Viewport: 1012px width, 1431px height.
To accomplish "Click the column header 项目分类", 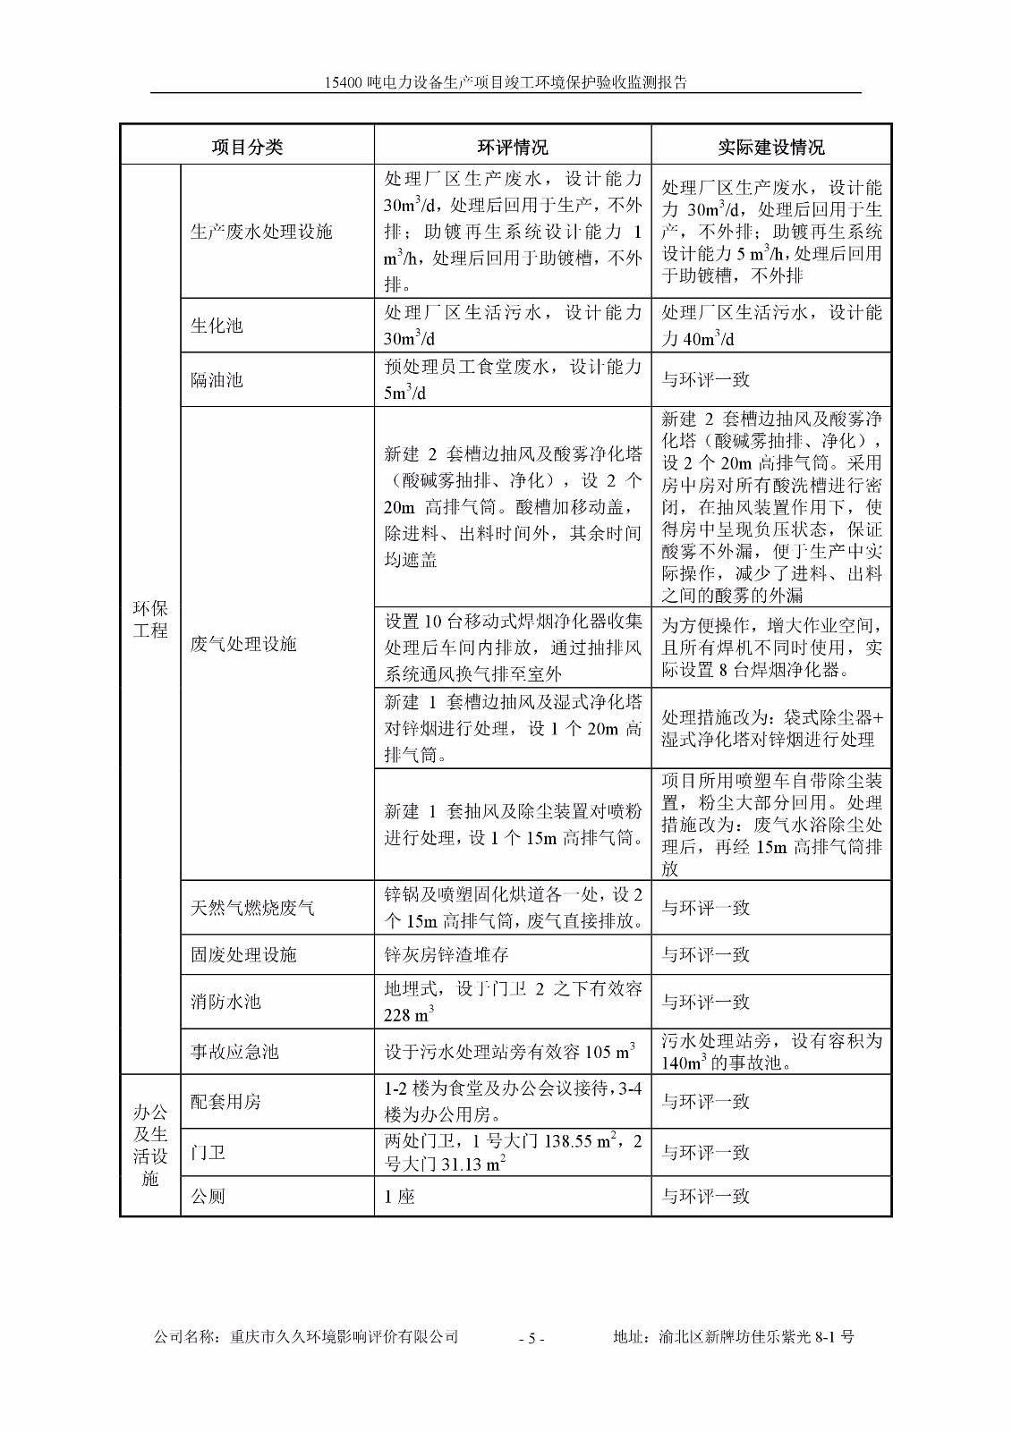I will click(247, 147).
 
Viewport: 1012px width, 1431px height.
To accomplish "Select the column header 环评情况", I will click(512, 147).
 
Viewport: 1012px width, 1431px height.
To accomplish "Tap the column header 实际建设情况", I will click(770, 147).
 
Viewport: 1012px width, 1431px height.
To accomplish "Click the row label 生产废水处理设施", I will click(261, 232).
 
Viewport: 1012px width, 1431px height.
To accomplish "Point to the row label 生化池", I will click(217, 326).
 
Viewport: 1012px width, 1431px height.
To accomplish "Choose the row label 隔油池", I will click(217, 379).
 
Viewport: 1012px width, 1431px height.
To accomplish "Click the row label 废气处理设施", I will click(243, 644).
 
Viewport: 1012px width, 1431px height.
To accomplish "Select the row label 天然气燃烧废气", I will click(252, 908).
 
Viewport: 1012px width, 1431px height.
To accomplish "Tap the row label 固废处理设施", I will click(243, 954).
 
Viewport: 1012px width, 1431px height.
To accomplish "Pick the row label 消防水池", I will click(225, 1002).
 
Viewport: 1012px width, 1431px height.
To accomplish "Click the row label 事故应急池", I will click(234, 1052).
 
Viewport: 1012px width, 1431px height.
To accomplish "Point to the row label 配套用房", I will click(225, 1101).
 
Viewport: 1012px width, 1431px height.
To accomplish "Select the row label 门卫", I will click(208, 1152).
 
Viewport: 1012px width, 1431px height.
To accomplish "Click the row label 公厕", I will click(208, 1196).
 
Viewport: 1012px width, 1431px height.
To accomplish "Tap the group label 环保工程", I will click(150, 619).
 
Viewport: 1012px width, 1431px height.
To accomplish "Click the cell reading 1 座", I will click(400, 1196).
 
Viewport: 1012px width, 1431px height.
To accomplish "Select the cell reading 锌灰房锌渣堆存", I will click(446, 954).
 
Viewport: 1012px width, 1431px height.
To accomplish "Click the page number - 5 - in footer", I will click(532, 1338).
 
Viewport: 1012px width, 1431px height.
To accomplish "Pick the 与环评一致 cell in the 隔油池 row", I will click(705, 379).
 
